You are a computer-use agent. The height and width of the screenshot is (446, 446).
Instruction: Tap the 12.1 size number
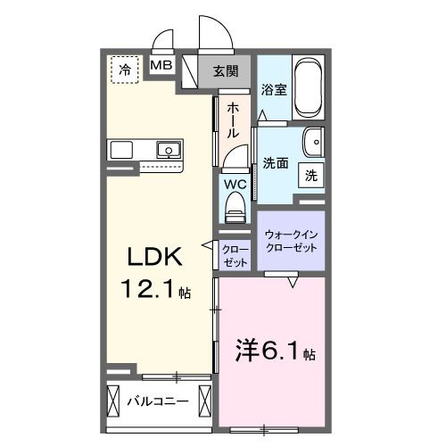(146, 289)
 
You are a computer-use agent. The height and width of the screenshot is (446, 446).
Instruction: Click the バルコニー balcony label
(157, 401)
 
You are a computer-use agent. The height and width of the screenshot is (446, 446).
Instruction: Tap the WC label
(235, 185)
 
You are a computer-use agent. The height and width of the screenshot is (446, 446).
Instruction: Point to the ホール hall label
(232, 120)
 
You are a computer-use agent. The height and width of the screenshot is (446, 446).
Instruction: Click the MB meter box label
(161, 66)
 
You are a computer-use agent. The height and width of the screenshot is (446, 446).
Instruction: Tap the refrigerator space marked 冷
(124, 69)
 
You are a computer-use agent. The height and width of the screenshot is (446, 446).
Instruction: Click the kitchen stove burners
(121, 149)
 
